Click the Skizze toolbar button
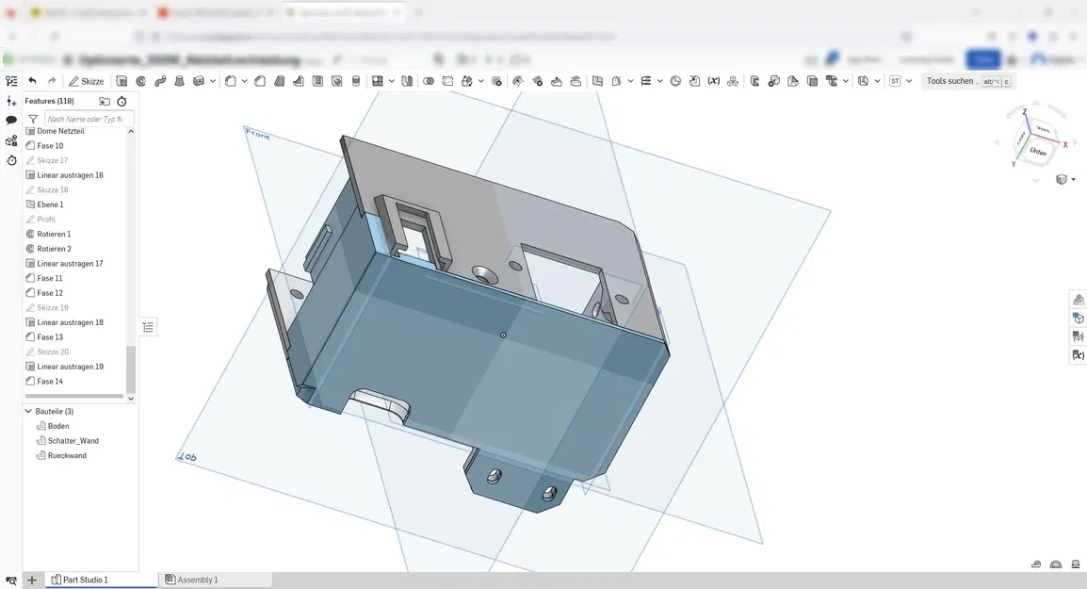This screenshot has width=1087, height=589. click(87, 81)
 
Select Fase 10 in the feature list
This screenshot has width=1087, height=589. click(50, 146)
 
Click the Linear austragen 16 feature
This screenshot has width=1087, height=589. click(70, 175)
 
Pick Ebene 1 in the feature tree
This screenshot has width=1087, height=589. click(50, 205)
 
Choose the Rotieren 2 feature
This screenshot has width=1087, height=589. click(54, 249)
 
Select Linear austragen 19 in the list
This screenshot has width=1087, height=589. click(70, 367)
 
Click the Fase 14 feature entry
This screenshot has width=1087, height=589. click(50, 382)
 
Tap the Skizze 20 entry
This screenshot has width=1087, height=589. click(52, 352)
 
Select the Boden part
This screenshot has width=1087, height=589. click(57, 426)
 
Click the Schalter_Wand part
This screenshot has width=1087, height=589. click(73, 441)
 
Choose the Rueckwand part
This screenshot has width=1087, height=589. click(67, 455)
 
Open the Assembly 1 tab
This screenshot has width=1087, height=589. click(197, 580)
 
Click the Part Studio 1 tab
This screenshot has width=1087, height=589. click(85, 580)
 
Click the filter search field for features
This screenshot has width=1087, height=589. click(88, 120)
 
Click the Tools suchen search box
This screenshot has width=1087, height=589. click(951, 81)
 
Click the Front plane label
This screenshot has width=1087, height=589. click(257, 135)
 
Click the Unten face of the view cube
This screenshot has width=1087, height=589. click(1037, 151)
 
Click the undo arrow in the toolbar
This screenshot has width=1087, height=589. click(32, 81)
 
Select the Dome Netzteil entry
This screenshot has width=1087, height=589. click(60, 131)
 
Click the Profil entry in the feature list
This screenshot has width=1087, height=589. click(46, 220)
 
